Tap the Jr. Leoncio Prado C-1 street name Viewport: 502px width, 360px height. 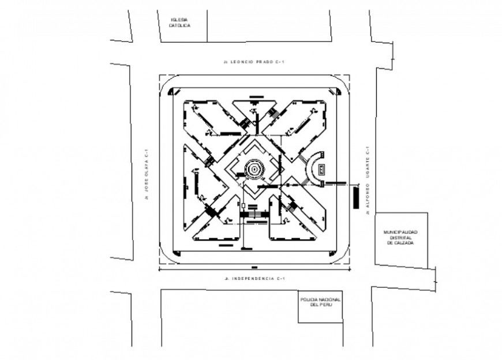[254, 61]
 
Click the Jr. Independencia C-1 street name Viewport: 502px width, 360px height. [254, 279]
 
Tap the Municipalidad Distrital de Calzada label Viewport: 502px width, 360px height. [401, 238]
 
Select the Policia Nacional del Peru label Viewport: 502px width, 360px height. [320, 302]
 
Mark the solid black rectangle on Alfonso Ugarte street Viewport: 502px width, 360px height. [356, 197]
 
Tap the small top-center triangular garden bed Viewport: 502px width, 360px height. [254, 110]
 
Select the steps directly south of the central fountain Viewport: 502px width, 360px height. [254, 215]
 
